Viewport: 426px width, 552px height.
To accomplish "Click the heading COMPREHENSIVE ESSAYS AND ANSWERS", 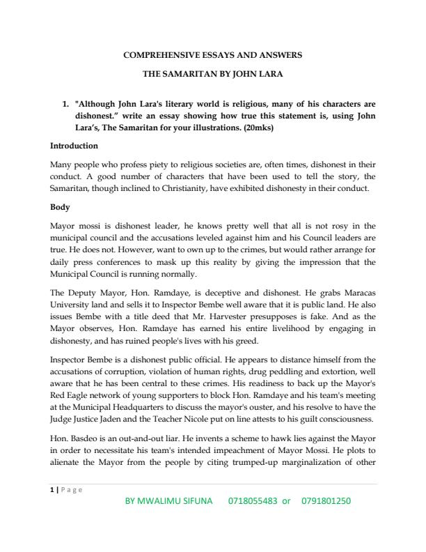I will click(212, 54).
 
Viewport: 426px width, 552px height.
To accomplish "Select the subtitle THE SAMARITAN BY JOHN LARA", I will click(212, 72).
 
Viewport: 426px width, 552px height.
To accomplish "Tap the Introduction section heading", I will click(74, 146).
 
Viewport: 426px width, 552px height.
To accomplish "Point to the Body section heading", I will click(61, 207).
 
